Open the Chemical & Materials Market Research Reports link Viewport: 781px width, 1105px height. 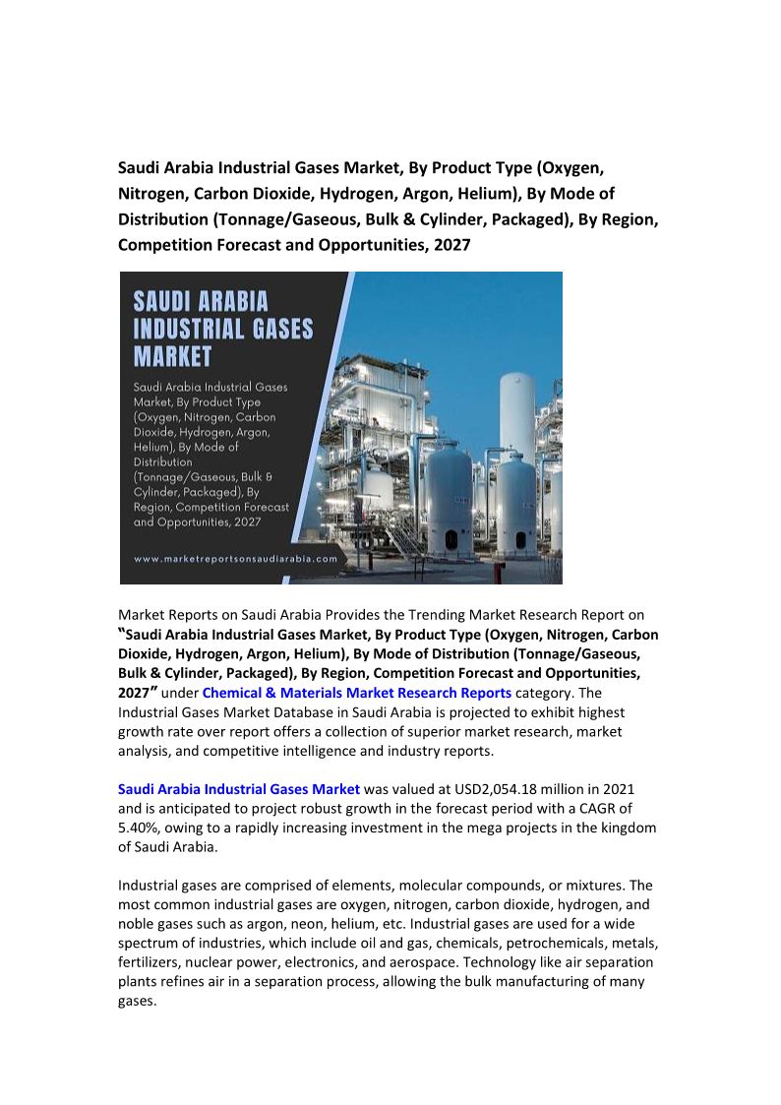(x=356, y=692)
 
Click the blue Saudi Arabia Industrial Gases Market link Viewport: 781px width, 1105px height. (x=239, y=788)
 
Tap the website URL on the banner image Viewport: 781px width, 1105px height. (x=235, y=558)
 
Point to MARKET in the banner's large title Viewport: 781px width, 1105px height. (x=173, y=354)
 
